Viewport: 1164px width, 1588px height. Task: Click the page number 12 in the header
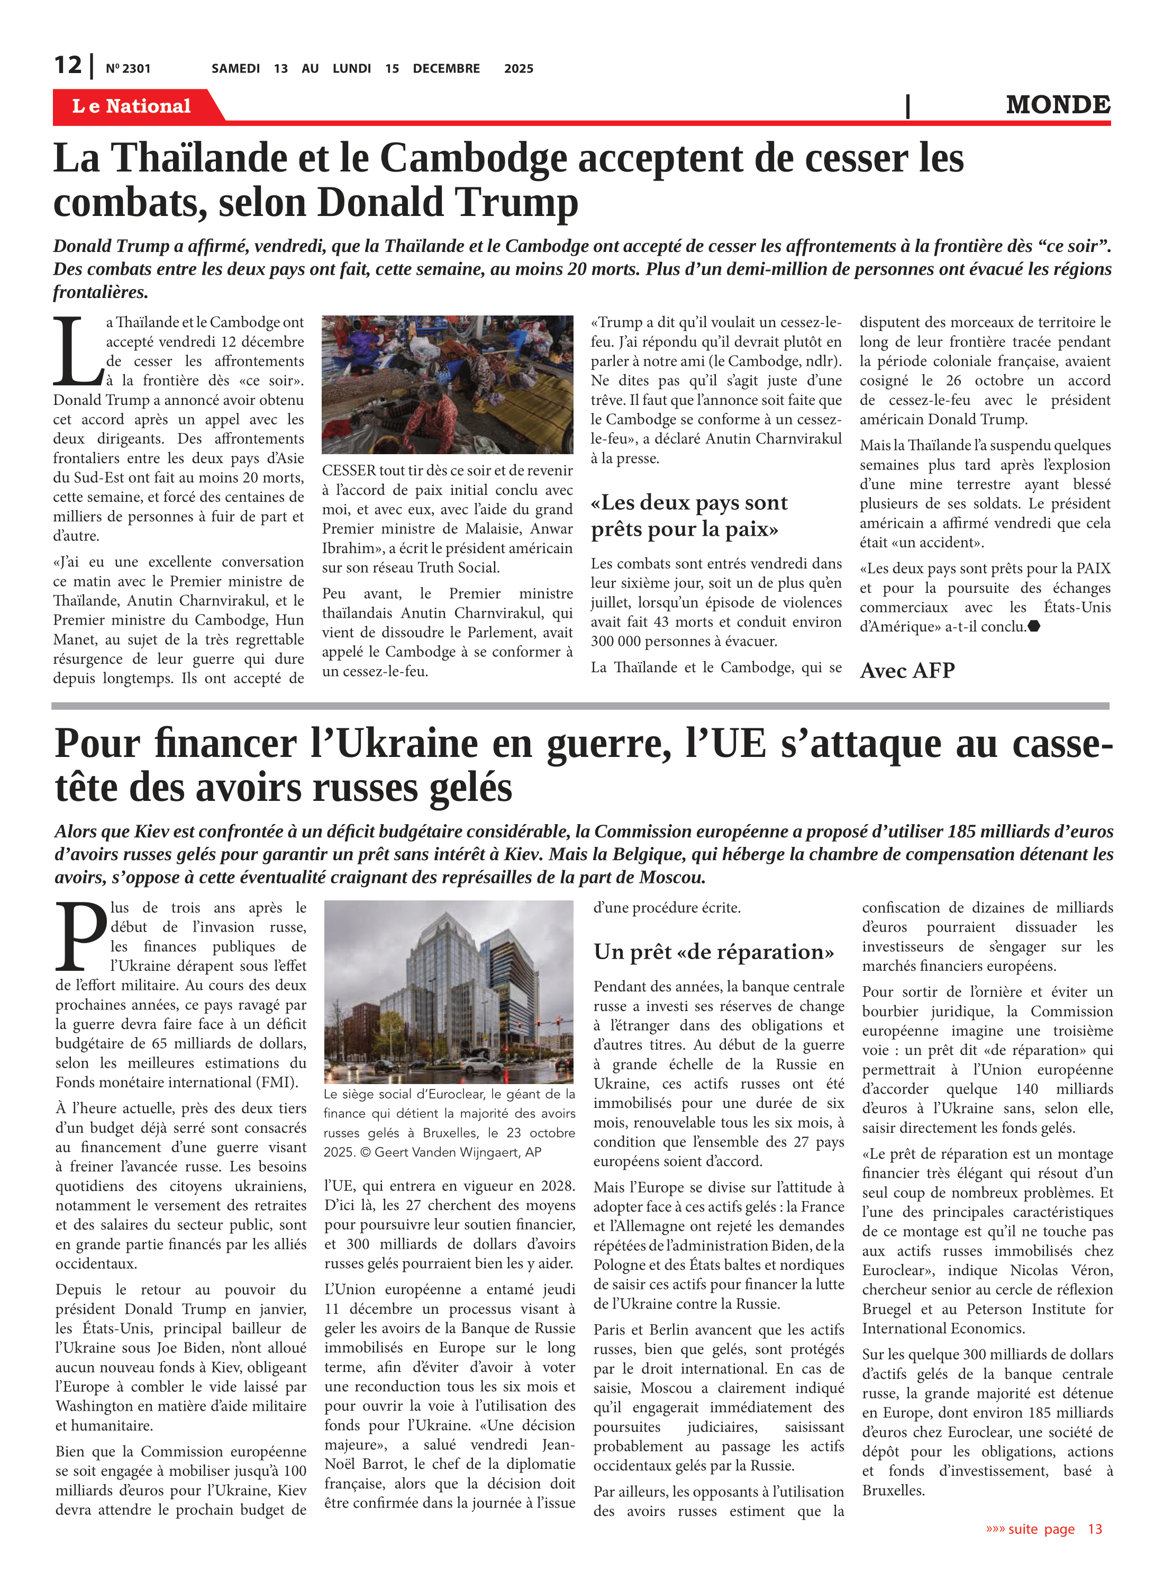point(68,65)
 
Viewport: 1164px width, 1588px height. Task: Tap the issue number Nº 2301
point(128,68)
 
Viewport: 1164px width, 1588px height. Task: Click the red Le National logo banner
point(132,106)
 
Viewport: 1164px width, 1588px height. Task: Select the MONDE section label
point(1058,105)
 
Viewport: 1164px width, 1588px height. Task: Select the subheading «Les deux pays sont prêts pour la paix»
point(688,515)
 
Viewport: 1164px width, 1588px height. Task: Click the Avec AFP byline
point(907,670)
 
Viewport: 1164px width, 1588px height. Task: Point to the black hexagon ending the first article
point(1034,626)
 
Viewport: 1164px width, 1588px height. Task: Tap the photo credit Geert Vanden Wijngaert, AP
point(458,1152)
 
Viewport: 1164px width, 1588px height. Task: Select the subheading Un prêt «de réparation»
point(713,952)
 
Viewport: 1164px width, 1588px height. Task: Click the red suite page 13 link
point(1043,1529)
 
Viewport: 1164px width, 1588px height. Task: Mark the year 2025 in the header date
point(519,68)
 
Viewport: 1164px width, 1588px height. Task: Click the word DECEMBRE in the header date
point(446,68)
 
